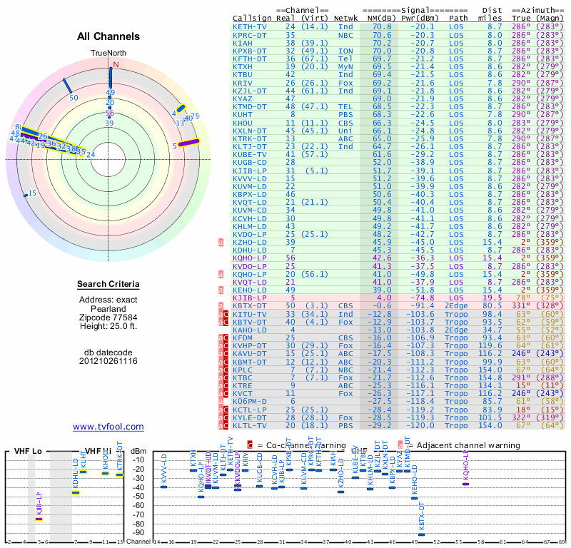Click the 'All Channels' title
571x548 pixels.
click(108, 36)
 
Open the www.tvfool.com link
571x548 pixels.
click(108, 427)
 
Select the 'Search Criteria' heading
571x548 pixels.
click(108, 285)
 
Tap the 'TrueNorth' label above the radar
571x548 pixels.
click(108, 54)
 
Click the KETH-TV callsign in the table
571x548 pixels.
click(250, 26)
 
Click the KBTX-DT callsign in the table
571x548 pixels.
click(250, 306)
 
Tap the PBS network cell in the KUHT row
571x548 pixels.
click(345, 114)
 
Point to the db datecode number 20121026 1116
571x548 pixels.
click(108, 361)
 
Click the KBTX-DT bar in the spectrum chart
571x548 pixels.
click(421, 534)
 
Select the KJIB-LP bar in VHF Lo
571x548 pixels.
click(39, 519)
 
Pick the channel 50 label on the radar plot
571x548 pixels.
click(74, 97)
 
